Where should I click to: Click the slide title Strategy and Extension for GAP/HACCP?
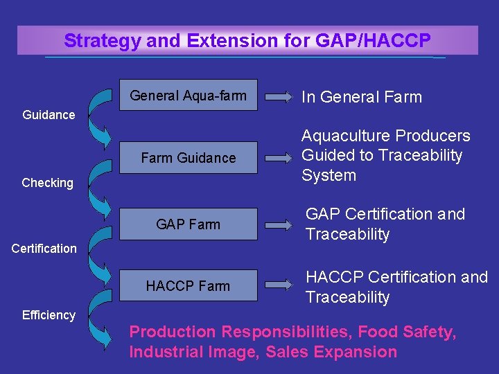point(247,41)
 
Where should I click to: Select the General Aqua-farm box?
point(188,96)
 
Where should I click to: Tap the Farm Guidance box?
point(188,158)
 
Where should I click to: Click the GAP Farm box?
point(188,224)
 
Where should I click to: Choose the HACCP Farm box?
point(188,285)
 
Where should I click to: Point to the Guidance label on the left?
point(49,115)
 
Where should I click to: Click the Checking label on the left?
point(47,183)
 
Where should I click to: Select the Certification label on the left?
point(44,248)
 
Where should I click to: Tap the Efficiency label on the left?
point(49,315)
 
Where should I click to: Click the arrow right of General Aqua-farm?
point(279,97)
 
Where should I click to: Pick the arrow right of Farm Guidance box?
point(279,158)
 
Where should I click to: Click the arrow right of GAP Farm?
point(279,224)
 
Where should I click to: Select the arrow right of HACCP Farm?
point(279,285)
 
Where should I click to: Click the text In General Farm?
point(361,97)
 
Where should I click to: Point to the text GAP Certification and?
point(385,215)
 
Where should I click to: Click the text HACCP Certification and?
point(396,278)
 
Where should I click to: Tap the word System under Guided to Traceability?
point(329,175)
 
